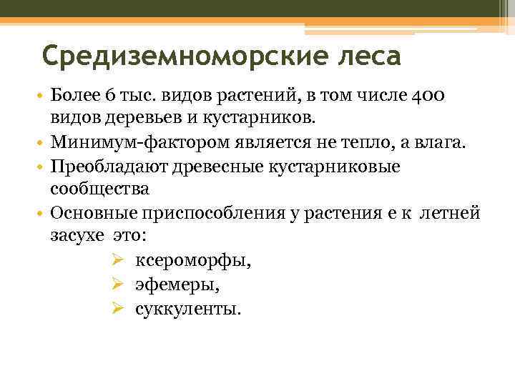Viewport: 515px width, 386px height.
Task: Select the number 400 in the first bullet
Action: (x=431, y=96)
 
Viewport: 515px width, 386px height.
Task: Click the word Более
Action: (x=75, y=96)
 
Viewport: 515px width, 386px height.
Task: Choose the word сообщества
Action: (x=99, y=189)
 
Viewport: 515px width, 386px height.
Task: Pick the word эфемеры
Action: (x=177, y=285)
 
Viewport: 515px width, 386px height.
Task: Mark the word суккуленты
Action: (x=188, y=310)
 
